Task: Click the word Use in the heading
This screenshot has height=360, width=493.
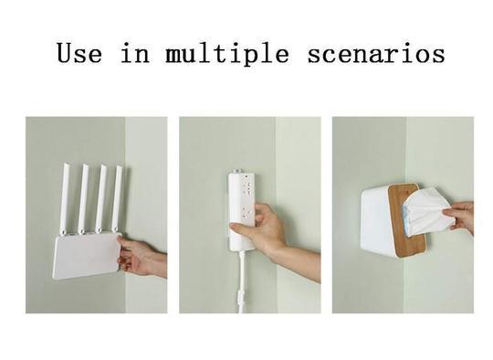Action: point(79,53)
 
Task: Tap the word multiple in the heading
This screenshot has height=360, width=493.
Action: point(227,54)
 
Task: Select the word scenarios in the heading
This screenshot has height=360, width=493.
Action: point(376,53)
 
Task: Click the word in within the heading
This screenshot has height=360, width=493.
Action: point(135,53)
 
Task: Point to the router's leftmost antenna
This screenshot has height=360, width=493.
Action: point(65,199)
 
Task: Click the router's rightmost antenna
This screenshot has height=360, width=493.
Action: point(117,199)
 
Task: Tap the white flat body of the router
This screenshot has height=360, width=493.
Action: point(87,256)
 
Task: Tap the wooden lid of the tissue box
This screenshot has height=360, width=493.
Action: point(407,219)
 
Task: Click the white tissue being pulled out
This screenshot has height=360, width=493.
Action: point(427,212)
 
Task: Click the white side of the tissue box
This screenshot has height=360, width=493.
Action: point(377,220)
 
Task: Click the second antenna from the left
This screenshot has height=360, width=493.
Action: point(83,199)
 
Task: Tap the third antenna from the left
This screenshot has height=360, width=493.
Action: point(101,199)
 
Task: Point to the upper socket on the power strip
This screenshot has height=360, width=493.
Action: point(246,188)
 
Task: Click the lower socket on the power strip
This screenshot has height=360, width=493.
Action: point(247,212)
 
